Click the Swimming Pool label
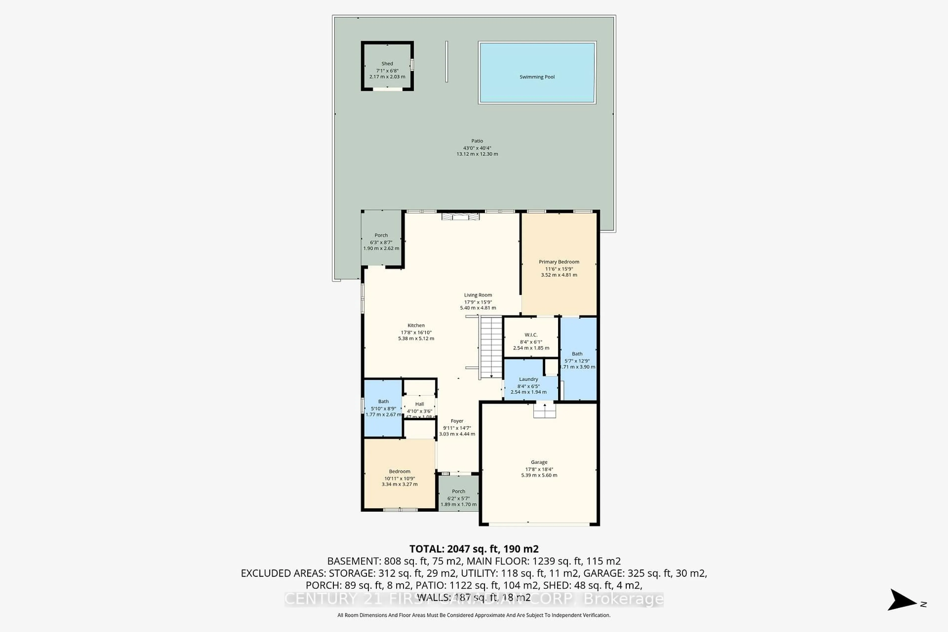coord(537,77)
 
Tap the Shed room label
coord(387,64)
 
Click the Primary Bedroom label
coord(559,262)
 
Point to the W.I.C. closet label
coord(531,335)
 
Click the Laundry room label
coord(528,379)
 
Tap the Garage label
coord(539,462)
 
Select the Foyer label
coord(457,421)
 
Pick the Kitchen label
coord(416,326)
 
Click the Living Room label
coord(478,295)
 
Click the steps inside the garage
coord(545,411)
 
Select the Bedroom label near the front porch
coord(399,472)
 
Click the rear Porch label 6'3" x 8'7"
coord(381,235)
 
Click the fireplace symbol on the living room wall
coord(460,217)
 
